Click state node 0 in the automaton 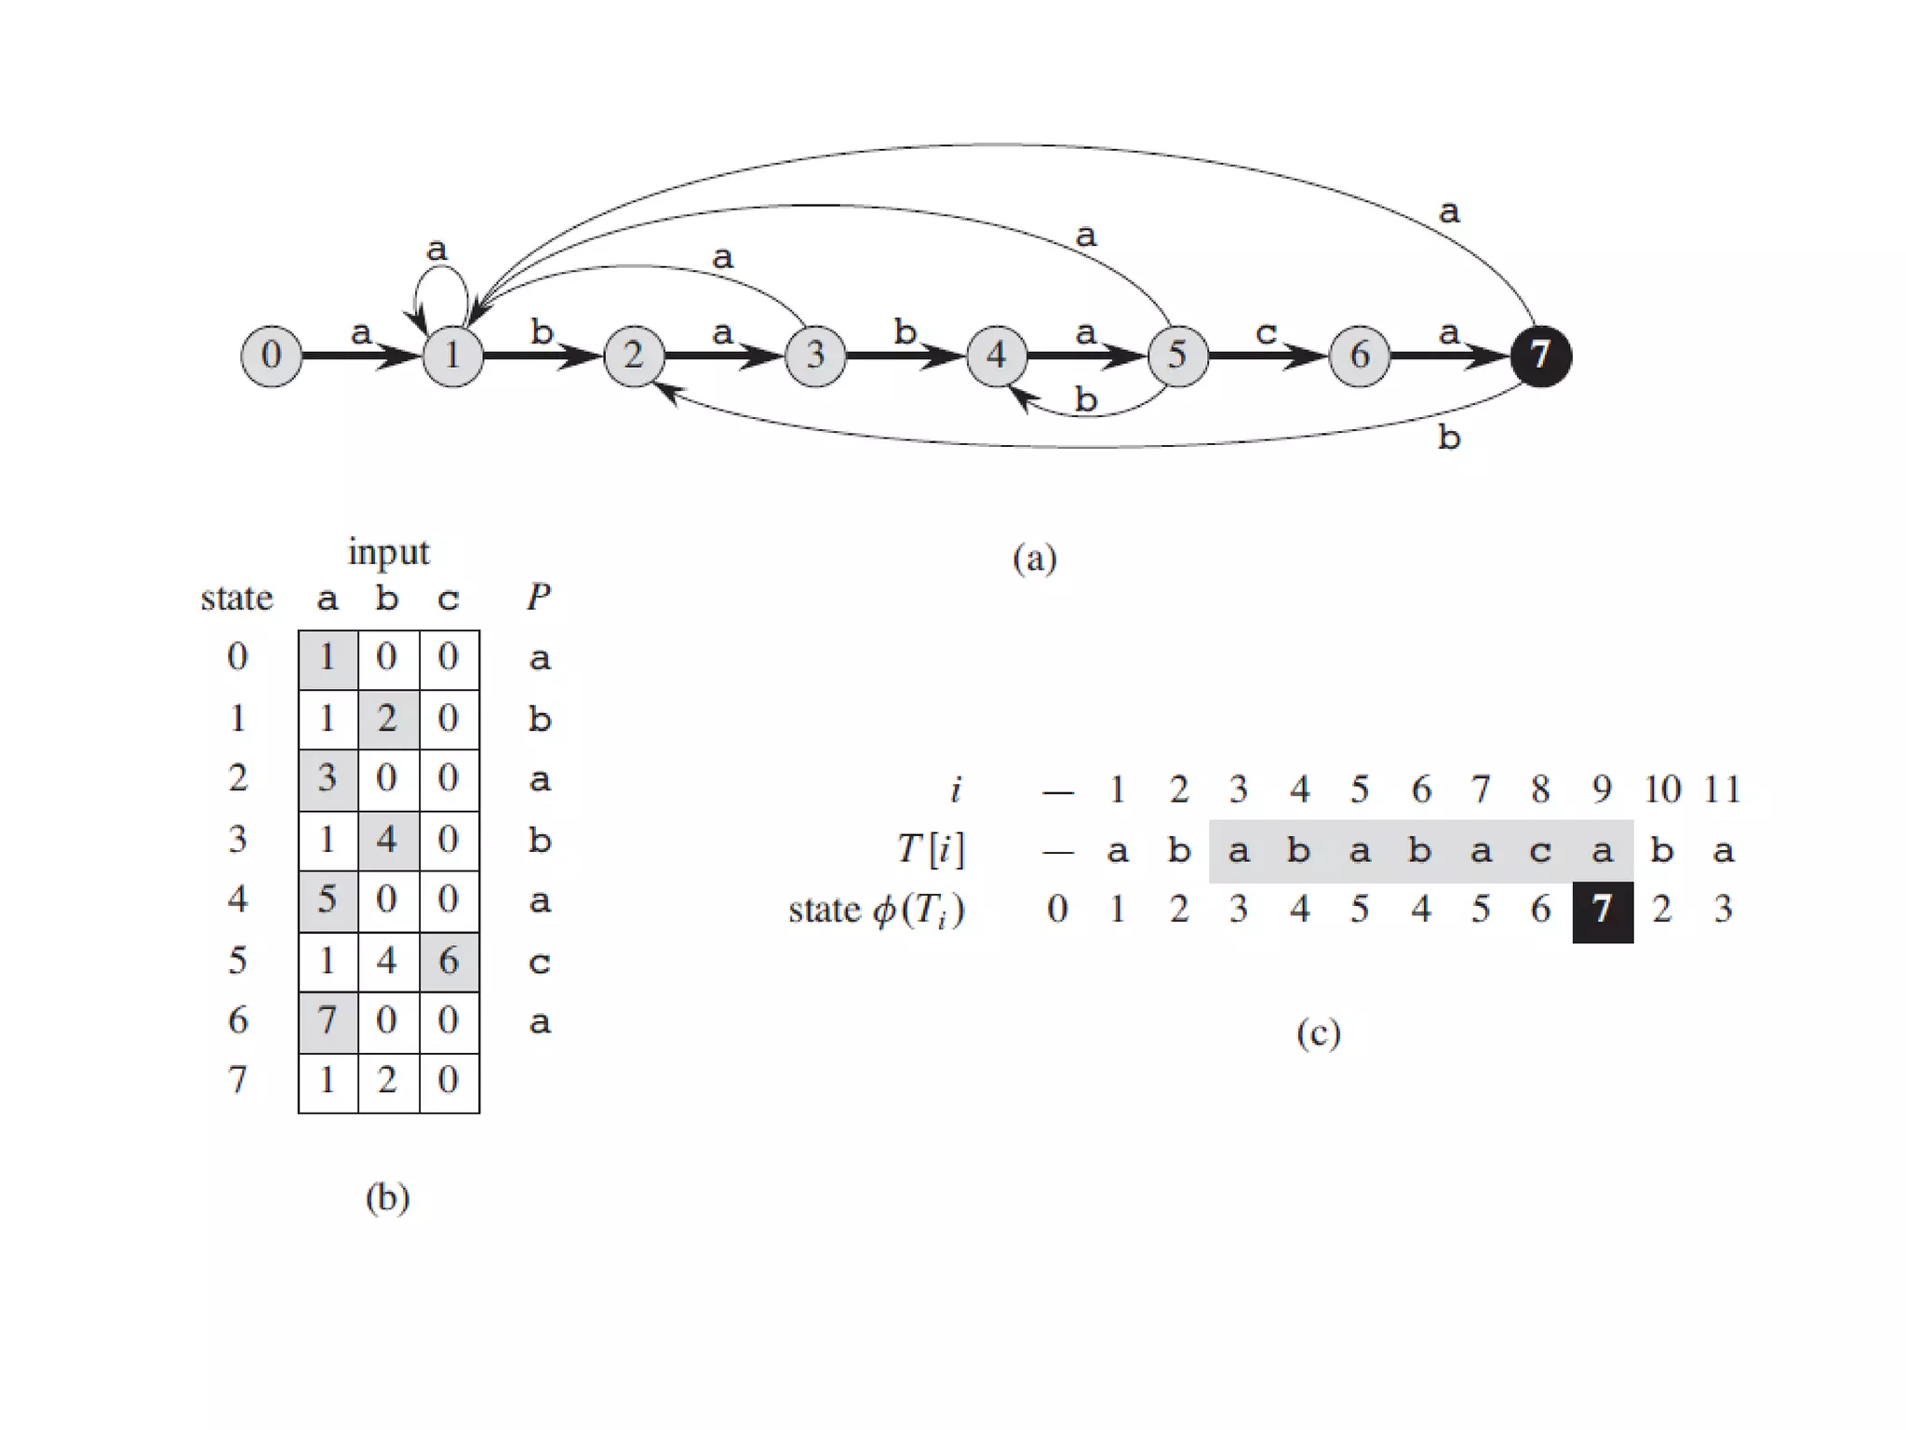271,355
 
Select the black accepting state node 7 1540,355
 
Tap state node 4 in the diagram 996,355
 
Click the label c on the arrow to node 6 1266,332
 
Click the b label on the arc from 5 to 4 1086,399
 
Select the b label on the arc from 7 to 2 1449,437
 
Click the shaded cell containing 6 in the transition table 449,961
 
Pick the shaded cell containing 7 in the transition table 328,1021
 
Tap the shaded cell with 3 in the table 328,778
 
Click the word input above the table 388,552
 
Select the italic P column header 539,597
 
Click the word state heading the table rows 236,598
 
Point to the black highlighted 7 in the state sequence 1602,910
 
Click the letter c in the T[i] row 1541,851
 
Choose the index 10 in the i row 1662,789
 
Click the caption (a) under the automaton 1034,559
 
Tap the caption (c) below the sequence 1318,1033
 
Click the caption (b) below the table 387,1197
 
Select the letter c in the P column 539,962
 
